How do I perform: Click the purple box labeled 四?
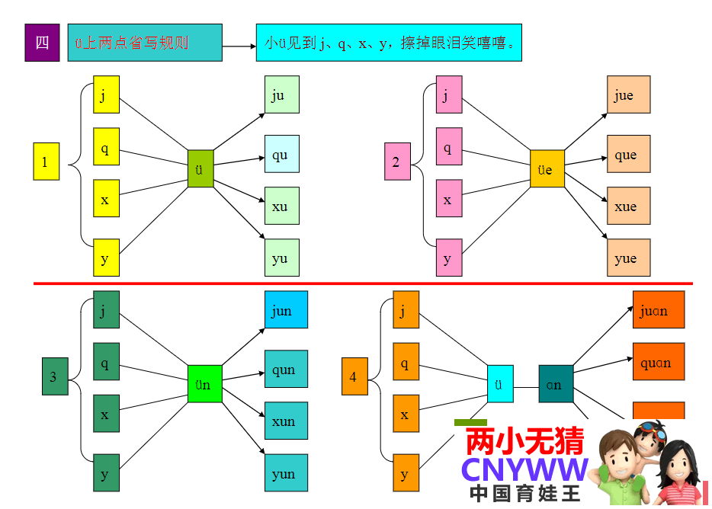click(x=42, y=43)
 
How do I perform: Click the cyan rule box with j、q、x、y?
click(x=389, y=43)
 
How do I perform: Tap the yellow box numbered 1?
click(x=46, y=162)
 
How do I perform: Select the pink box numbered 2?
click(x=397, y=162)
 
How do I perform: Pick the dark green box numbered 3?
click(x=54, y=376)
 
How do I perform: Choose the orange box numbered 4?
click(x=354, y=376)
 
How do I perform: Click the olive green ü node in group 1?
click(x=200, y=168)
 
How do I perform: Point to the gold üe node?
click(x=547, y=168)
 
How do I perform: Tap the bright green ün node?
click(x=204, y=383)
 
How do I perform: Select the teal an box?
click(x=555, y=384)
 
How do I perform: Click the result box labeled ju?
click(x=281, y=94)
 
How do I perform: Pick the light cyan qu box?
click(x=281, y=155)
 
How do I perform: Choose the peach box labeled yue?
click(x=628, y=258)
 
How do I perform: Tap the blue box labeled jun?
click(x=286, y=309)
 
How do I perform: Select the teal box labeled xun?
click(x=286, y=421)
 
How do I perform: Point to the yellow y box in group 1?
click(x=106, y=257)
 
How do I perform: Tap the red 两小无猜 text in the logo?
click(x=524, y=441)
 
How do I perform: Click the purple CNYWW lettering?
click(x=525, y=469)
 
